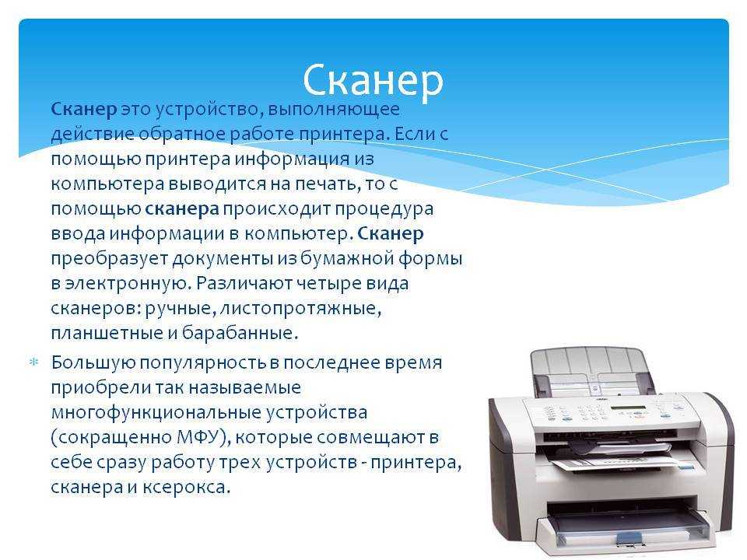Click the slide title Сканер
373,80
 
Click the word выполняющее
334,110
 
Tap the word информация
292,159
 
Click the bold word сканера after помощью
181,209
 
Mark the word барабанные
240,333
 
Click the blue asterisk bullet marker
33,362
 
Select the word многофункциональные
156,412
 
